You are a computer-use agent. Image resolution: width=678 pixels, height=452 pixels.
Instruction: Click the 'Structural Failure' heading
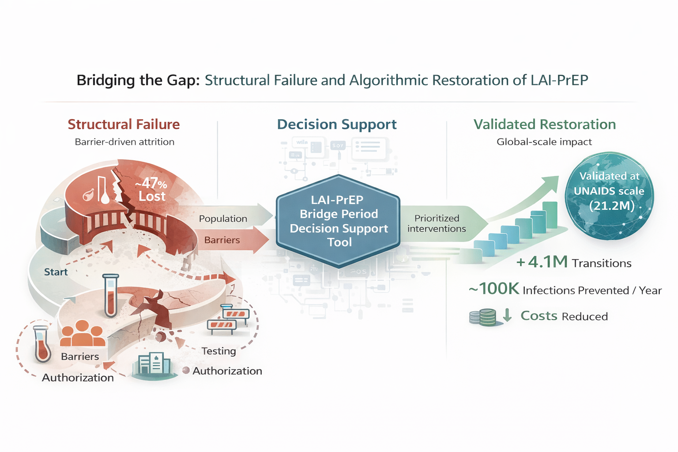click(x=124, y=124)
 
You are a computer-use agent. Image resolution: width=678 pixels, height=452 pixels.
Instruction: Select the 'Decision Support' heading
click(x=337, y=124)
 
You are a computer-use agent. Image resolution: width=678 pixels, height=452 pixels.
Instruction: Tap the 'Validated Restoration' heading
click(x=544, y=124)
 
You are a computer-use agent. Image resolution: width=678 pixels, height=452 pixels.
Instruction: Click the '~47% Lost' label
click(x=151, y=190)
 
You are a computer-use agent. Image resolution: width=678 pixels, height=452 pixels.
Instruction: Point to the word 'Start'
click(x=56, y=272)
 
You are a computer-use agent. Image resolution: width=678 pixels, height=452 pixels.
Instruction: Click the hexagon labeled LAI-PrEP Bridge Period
click(x=338, y=221)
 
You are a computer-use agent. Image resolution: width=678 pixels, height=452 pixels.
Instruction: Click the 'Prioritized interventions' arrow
click(x=439, y=223)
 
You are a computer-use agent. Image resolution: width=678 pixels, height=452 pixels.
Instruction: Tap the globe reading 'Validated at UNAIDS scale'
click(x=609, y=196)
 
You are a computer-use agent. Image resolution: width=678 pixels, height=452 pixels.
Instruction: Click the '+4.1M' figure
click(x=542, y=262)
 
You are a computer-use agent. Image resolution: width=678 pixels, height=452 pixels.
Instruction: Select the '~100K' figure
click(x=494, y=289)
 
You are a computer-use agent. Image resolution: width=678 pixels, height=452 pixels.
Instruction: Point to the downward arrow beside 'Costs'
click(x=507, y=315)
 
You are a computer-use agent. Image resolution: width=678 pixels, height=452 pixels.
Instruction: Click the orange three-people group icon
click(x=82, y=333)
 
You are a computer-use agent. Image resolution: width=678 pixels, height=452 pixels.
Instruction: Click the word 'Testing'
click(x=218, y=351)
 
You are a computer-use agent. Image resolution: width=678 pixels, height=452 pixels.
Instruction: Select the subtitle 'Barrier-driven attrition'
click(x=124, y=142)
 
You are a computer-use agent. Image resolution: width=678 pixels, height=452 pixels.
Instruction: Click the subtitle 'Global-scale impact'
click(x=544, y=142)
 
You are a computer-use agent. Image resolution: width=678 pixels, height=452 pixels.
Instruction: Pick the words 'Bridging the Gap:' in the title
click(x=138, y=80)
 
